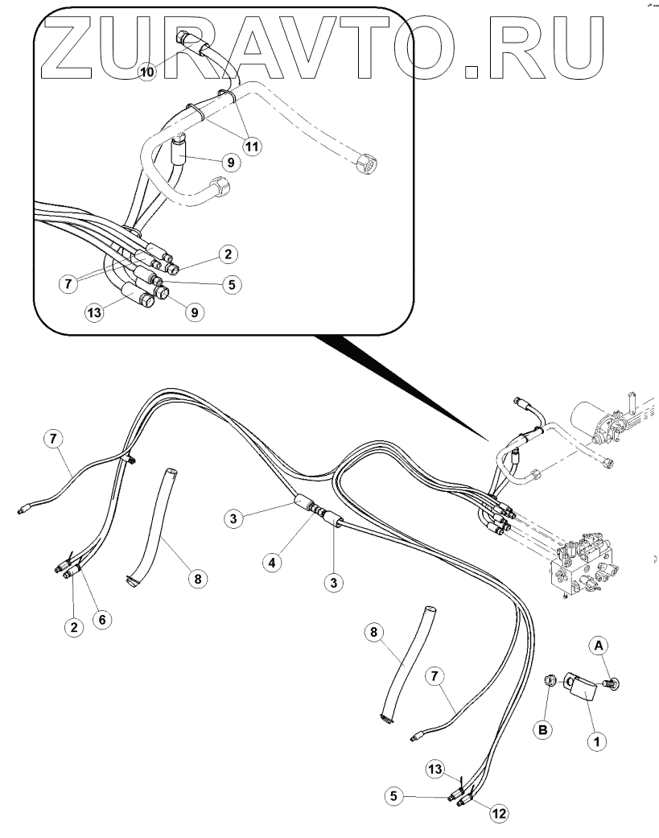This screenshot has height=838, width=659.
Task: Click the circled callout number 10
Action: coord(146,72)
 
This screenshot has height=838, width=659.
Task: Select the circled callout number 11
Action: coord(253,147)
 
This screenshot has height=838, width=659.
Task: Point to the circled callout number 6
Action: coord(102,619)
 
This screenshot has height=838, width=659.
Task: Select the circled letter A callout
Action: coord(598,644)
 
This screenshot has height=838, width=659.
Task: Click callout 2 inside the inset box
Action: coord(228,254)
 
